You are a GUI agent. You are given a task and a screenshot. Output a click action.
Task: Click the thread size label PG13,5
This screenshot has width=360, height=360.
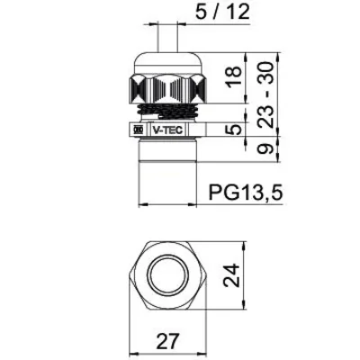tap(245, 192)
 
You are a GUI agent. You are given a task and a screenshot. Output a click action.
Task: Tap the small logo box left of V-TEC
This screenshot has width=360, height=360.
tap(138, 130)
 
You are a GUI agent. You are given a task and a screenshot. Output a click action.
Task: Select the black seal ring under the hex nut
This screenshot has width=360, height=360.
tap(167, 112)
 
